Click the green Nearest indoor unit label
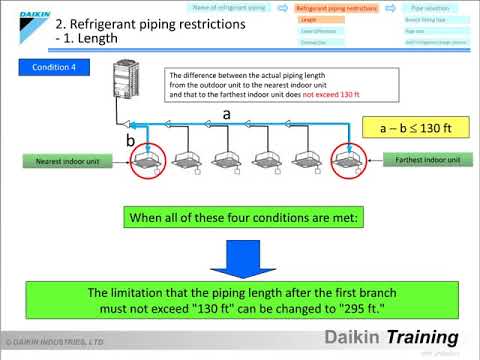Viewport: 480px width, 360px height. click(58, 160)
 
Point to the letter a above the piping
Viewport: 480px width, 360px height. click(227, 115)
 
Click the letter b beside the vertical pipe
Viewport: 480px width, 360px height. click(130, 142)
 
